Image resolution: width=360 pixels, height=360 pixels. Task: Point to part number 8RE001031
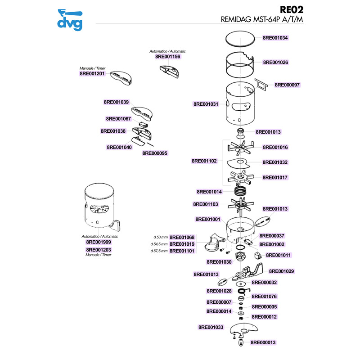tap(206, 104)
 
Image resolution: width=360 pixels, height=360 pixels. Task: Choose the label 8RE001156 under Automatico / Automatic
tap(167, 57)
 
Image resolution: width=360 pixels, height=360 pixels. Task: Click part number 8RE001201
tap(92, 73)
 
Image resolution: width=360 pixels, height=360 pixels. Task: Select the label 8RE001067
tap(118, 119)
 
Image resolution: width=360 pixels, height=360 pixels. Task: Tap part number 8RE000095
tap(155, 153)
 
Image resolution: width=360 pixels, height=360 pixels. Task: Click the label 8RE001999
tap(99, 242)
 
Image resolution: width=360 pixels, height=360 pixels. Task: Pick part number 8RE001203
tap(99, 249)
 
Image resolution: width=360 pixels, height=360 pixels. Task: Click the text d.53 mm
tap(160, 237)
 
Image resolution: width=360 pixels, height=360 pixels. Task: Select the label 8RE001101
tap(182, 251)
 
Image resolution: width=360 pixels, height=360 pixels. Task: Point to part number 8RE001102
tap(204, 161)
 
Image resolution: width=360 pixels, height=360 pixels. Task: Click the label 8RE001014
tap(209, 191)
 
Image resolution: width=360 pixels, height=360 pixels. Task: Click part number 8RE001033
tap(211, 327)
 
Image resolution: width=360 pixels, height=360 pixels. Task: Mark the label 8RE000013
tap(263, 342)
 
